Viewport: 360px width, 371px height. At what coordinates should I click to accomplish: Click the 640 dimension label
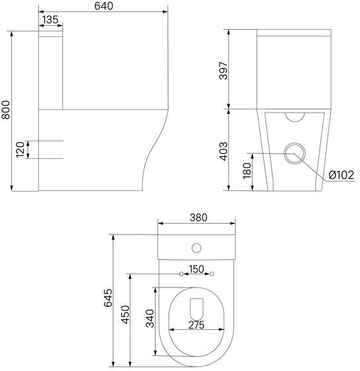pyautogui.click(x=103, y=6)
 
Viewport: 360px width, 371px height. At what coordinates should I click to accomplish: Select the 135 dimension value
pyautogui.click(x=50, y=20)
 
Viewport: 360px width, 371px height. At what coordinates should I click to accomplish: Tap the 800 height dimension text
pyautogui.click(x=5, y=109)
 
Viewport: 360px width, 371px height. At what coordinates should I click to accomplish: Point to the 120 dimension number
pyautogui.click(x=20, y=150)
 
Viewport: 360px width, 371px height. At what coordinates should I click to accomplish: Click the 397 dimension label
pyautogui.click(x=224, y=70)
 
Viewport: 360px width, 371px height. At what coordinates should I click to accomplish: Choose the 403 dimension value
pyautogui.click(x=224, y=152)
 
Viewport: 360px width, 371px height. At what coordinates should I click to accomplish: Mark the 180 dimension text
pyautogui.click(x=247, y=171)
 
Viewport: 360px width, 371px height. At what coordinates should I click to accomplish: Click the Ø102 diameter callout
pyautogui.click(x=341, y=175)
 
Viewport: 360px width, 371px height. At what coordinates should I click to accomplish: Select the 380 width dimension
pyautogui.click(x=199, y=217)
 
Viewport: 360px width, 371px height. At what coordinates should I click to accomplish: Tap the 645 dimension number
pyautogui.click(x=108, y=297)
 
